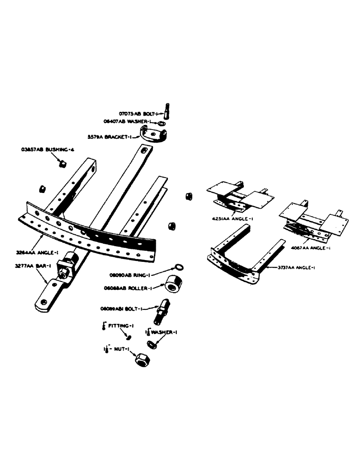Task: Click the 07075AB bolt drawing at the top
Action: (x=166, y=112)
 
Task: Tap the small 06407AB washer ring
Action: (x=161, y=124)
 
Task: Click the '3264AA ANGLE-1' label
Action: (x=30, y=253)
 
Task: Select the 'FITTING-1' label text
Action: (x=119, y=327)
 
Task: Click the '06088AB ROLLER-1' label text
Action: (x=131, y=288)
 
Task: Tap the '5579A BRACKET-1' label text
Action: (x=110, y=137)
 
